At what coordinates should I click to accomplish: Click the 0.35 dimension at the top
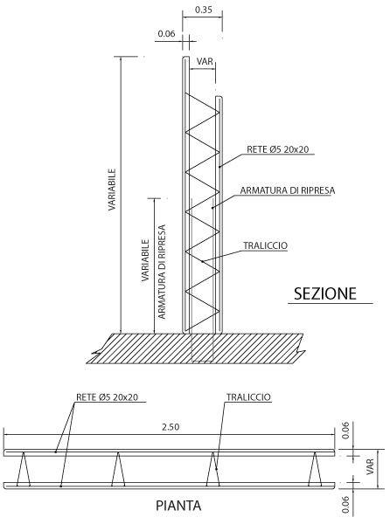204,10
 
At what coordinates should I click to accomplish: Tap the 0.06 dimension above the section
166,34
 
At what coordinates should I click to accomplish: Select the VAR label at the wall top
205,61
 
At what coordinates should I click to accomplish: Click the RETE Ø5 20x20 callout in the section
277,149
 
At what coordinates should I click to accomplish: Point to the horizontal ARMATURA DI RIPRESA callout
288,190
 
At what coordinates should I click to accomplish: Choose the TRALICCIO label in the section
265,245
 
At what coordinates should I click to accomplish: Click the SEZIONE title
325,293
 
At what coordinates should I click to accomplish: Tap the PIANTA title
178,506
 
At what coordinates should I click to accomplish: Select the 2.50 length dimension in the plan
171,427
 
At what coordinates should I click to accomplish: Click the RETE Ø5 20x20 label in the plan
107,397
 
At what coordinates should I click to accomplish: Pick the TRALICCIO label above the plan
248,397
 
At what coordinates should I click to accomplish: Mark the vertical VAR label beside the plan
370,467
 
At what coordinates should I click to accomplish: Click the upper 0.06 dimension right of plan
346,431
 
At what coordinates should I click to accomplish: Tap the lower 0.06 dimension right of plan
346,504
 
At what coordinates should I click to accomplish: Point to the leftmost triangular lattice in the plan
24,469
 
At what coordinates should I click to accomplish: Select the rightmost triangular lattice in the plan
315,469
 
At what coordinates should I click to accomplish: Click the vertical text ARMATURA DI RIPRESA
162,272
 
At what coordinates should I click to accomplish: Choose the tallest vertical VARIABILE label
112,190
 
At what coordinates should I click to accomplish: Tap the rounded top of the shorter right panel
219,98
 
